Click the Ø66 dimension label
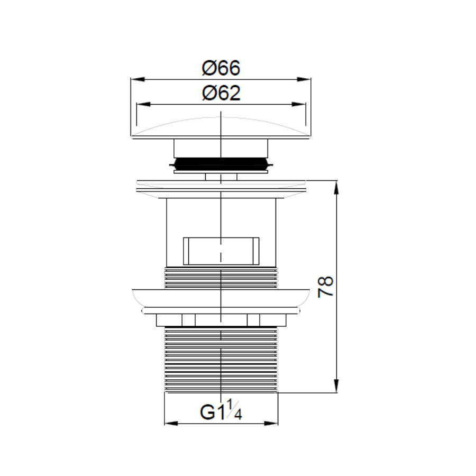pyautogui.click(x=221, y=69)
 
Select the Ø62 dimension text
pyautogui.click(x=221, y=94)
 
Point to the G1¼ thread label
pyautogui.click(x=221, y=412)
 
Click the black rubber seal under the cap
pyautogui.click(x=221, y=162)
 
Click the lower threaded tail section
pyautogui.click(x=221, y=360)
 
